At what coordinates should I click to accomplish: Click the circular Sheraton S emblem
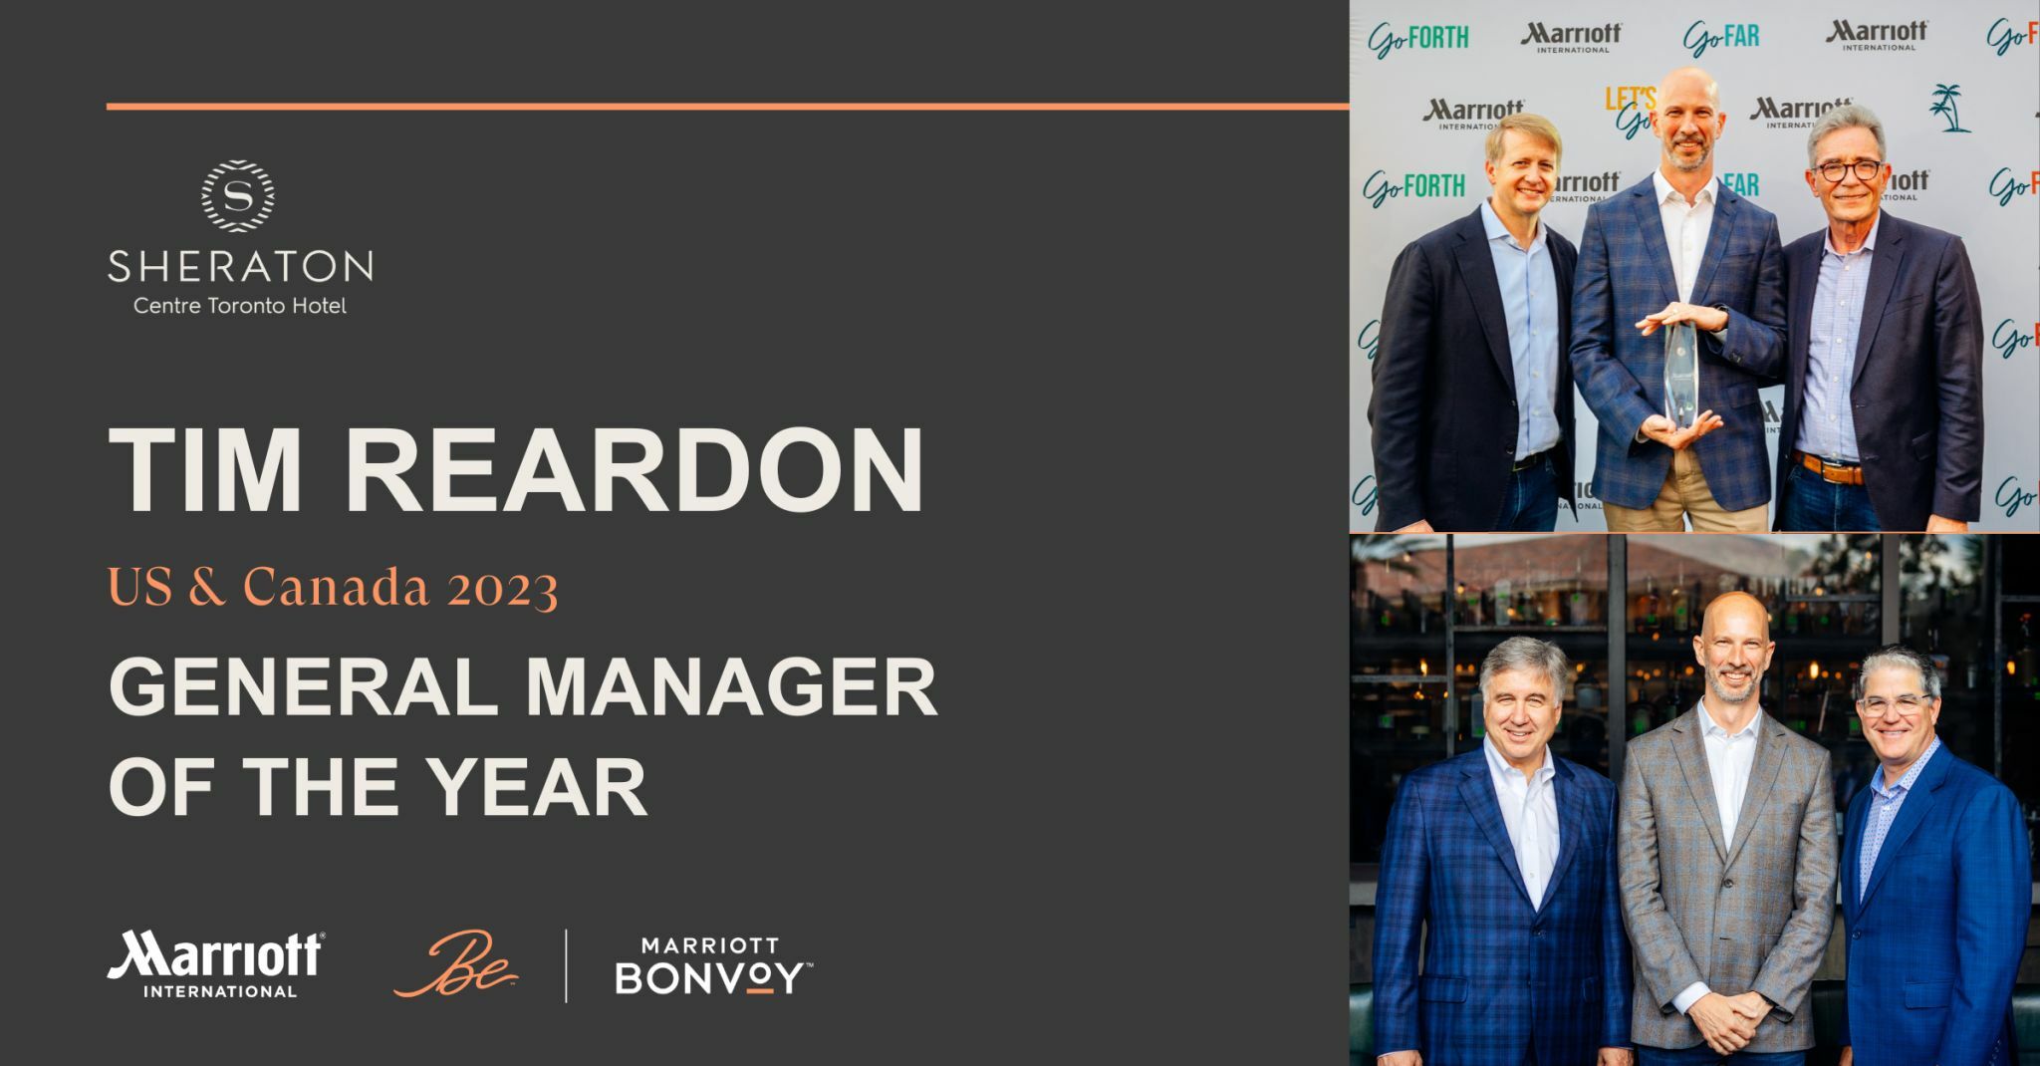tap(238, 196)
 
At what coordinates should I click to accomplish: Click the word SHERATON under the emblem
tap(240, 267)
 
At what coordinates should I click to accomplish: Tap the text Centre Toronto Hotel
tap(240, 306)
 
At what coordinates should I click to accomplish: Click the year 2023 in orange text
tap(502, 588)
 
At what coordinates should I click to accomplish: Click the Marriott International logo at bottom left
tap(215, 964)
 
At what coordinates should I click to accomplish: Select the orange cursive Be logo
tap(456, 964)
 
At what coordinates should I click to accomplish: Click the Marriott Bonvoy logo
tap(713, 965)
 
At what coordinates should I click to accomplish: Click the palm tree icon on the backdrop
tap(1949, 108)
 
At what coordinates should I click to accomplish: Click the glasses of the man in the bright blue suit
tap(1895, 705)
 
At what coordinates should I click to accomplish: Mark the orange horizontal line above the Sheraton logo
tap(727, 106)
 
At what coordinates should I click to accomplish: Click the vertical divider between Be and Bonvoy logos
tap(567, 965)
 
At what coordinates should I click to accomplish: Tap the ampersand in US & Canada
tap(206, 588)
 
